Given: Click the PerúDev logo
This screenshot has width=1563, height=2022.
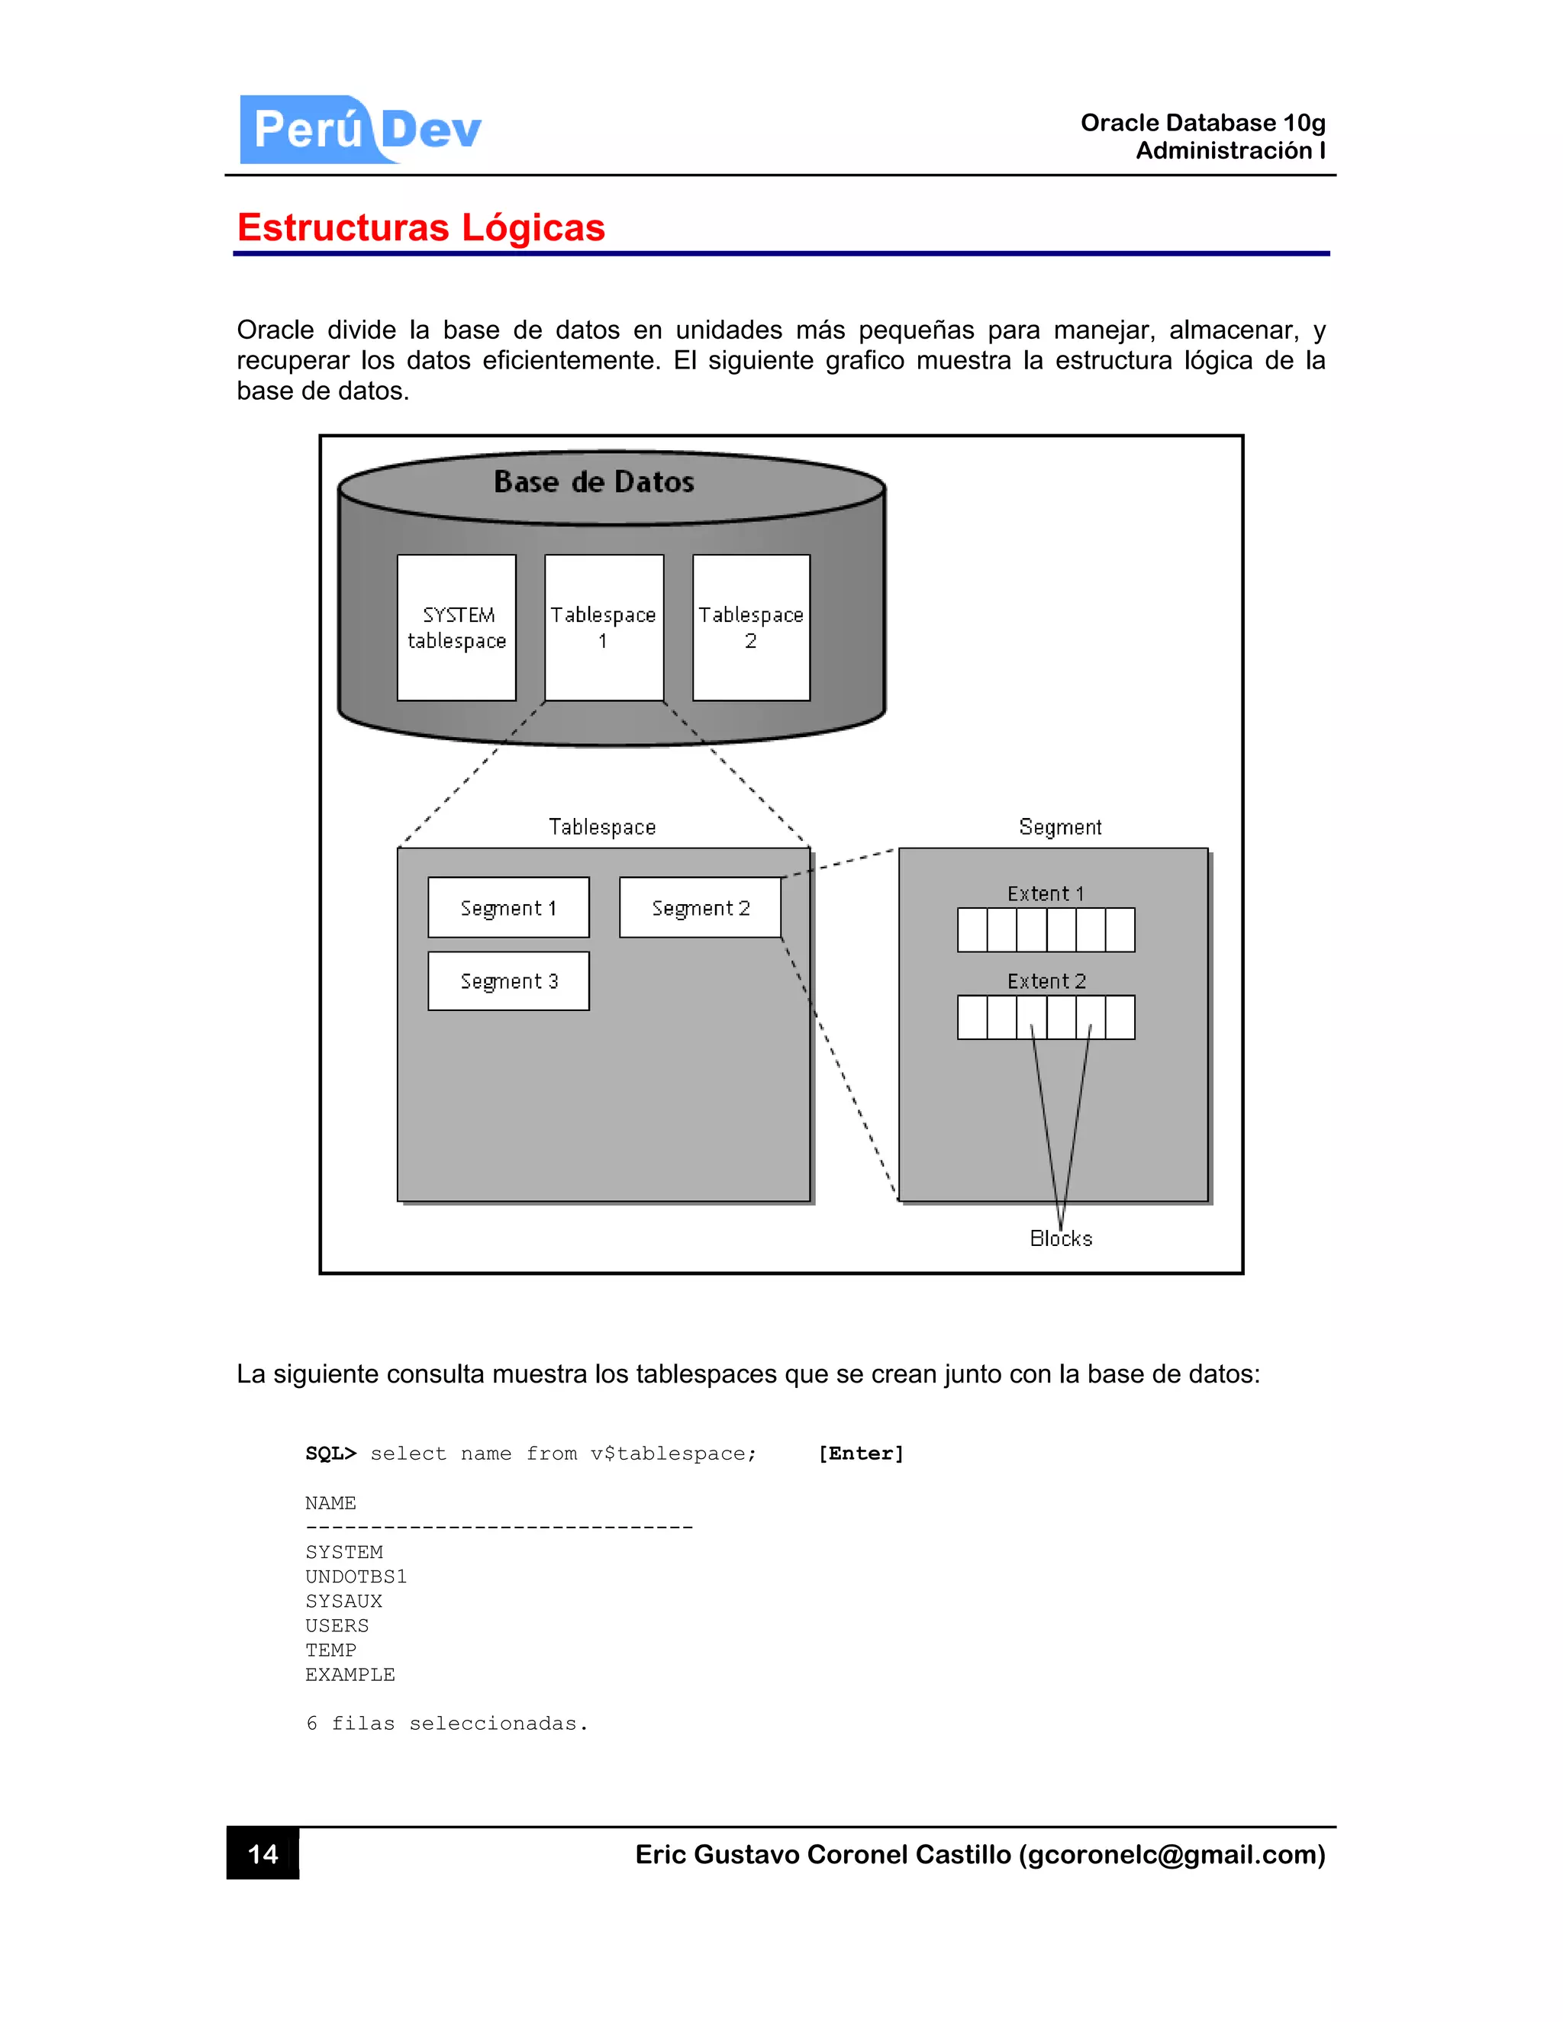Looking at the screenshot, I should coord(360,130).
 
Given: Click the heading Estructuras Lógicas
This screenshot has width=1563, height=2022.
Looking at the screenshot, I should coord(421,227).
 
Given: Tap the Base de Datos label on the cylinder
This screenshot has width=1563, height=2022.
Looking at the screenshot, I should coord(594,482).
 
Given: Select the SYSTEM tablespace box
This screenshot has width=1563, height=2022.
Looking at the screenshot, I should coord(456,628).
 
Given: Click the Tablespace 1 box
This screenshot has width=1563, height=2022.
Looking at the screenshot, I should coord(604,628).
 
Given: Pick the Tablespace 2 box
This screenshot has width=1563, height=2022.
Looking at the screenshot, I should coord(751,628).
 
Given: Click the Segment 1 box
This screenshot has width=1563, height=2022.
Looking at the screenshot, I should coord(508,908).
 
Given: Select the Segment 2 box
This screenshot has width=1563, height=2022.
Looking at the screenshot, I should coord(700,908).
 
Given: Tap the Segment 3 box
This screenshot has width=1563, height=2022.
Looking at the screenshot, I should coord(508,981).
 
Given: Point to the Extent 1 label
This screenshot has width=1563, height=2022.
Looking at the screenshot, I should coord(1046,894).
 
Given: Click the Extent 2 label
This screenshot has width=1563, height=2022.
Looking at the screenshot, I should coord(1046,981).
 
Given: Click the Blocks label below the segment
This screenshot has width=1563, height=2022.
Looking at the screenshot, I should coord(1061,1238).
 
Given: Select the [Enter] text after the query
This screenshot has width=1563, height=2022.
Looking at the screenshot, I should coord(860,1454).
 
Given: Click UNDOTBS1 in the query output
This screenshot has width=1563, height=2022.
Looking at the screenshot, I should coord(356,1576).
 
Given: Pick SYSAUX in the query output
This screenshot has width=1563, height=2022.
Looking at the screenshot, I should coord(343,1602).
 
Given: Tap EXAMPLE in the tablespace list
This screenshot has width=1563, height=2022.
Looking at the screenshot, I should coord(350,1675).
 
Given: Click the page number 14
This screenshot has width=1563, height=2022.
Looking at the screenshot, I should coord(263,1854).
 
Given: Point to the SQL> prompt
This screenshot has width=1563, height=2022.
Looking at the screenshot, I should coord(330,1454).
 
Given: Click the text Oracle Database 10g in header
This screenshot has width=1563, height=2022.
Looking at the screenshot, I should coord(1202,123).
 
